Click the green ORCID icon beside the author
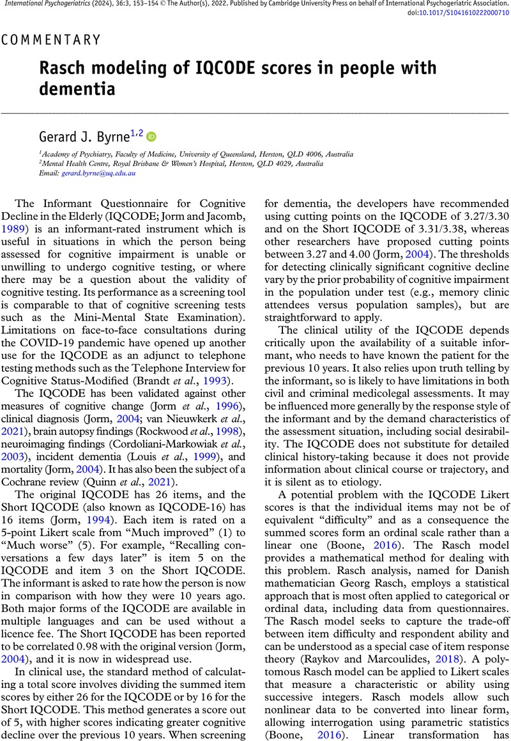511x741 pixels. click(151, 136)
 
